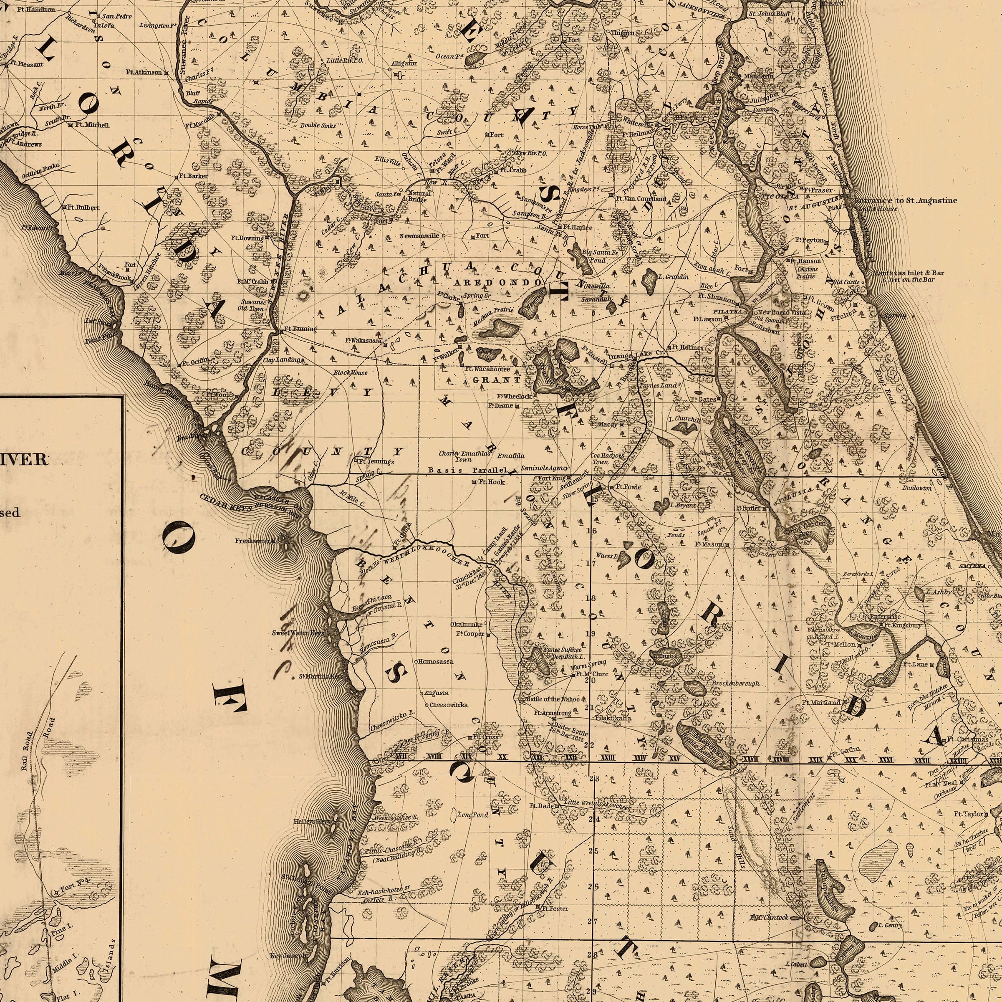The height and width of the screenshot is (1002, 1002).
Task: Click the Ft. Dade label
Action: (x=541, y=806)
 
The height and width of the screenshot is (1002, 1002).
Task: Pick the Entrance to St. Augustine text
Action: (x=904, y=200)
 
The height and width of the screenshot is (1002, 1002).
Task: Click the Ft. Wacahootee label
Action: (x=487, y=369)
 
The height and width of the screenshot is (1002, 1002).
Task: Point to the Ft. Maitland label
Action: (x=821, y=702)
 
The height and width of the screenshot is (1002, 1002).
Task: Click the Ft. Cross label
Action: (x=487, y=737)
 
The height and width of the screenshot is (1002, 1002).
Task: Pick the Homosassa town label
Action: (x=436, y=662)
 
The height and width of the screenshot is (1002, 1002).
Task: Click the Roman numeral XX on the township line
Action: (x=502, y=758)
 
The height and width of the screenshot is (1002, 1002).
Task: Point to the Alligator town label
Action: (x=404, y=63)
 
